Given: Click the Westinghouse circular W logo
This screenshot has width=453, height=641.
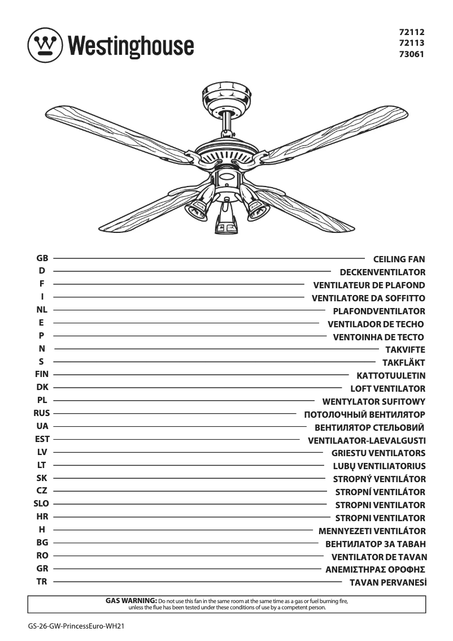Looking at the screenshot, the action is tap(44, 44).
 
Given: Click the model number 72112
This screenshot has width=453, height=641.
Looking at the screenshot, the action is tap(411, 33).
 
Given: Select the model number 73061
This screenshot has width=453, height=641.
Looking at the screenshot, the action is tap(411, 55).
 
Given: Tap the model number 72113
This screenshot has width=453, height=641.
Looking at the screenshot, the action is tap(411, 44).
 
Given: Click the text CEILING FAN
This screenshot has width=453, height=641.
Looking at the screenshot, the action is tap(399, 259).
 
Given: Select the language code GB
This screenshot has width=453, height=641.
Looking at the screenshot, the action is tap(42, 258).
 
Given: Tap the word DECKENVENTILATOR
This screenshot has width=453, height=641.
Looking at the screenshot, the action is tap(382, 272).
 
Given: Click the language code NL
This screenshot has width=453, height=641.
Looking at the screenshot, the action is tap(42, 310).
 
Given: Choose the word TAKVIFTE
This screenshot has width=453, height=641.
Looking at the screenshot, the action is tap(405, 350).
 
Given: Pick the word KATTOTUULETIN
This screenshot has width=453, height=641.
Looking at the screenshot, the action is tap(391, 376).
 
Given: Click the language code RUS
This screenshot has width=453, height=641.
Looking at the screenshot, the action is tap(42, 414).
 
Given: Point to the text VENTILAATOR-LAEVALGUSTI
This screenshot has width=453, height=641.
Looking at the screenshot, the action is tap(367, 440).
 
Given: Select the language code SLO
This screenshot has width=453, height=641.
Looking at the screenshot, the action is tap(42, 504).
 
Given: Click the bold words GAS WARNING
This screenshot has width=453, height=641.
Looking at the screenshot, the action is tap(131, 600).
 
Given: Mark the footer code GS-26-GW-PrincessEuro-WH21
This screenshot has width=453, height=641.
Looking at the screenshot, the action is tap(76, 627).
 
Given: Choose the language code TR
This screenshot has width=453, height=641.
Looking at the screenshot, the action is tap(42, 582).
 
